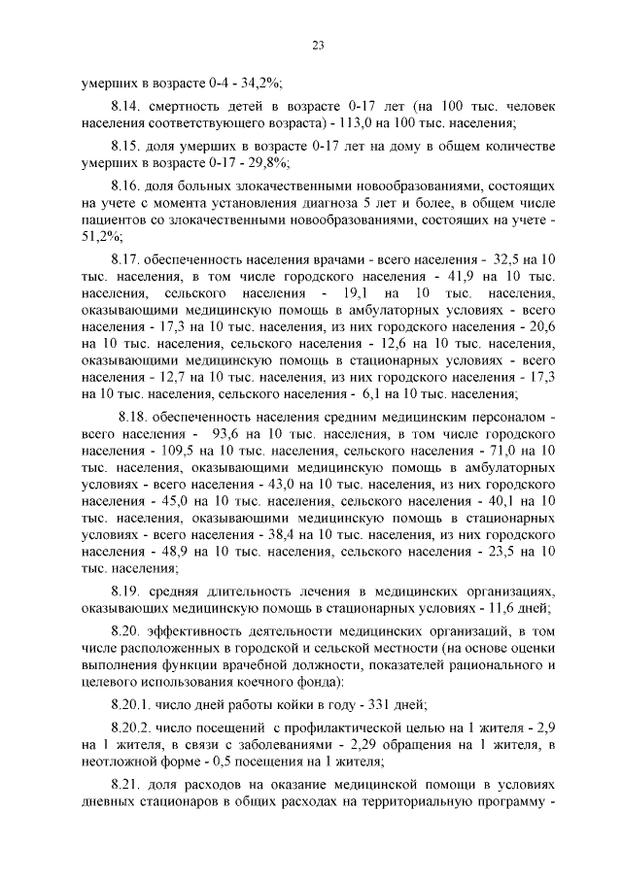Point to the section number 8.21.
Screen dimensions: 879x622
[x=126, y=784]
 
